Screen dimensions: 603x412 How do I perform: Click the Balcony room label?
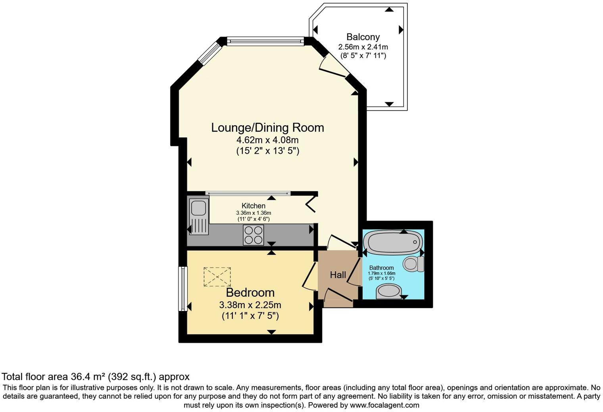pos(363,37)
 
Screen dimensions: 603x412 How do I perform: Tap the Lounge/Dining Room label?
pos(267,128)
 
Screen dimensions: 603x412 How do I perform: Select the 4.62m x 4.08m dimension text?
pos(267,140)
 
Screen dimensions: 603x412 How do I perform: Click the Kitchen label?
pos(253,206)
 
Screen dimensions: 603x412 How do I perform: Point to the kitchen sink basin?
pos(198,207)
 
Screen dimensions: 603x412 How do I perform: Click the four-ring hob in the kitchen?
pos(253,235)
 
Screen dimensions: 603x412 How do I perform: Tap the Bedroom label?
pos(250,292)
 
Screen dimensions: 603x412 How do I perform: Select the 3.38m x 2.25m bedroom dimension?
pos(250,305)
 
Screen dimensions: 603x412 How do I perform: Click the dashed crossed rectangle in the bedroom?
pos(217,277)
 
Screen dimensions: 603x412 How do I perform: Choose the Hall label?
pos(338,275)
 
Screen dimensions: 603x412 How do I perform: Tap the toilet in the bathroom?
pos(413,264)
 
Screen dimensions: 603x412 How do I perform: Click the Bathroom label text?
pos(382,268)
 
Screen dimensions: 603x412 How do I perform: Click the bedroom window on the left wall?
pos(183,289)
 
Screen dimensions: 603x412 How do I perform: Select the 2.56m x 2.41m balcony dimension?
pos(363,47)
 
